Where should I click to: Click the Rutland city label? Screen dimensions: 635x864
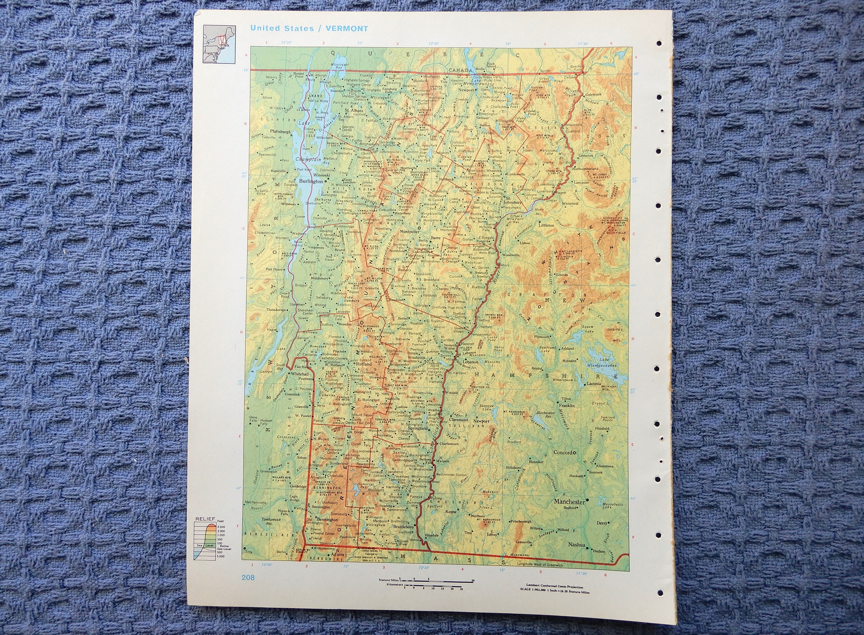[363, 364]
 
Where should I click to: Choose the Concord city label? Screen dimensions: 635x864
[562, 452]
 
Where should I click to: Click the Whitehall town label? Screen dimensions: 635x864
[300, 374]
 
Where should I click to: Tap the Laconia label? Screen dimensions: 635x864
[594, 383]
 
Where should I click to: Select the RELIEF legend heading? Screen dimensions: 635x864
[205, 519]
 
